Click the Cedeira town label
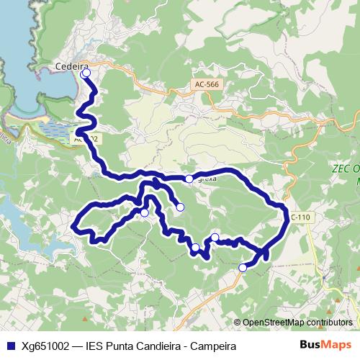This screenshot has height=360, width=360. tap(71, 68)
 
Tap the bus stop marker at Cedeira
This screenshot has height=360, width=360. tap(86, 73)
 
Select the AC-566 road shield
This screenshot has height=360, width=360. tap(206, 84)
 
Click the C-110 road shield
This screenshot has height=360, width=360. tap(298, 216)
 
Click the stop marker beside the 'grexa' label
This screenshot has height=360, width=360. tap(189, 179)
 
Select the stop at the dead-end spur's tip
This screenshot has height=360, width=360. tap(180, 207)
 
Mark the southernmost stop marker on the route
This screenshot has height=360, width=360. tap(243, 268)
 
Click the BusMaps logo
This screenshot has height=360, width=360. tap(325, 345)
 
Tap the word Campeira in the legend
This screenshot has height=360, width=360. tap(214, 346)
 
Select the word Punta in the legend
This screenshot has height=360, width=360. tap(120, 346)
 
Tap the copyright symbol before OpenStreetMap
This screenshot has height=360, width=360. tap(238, 323)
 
